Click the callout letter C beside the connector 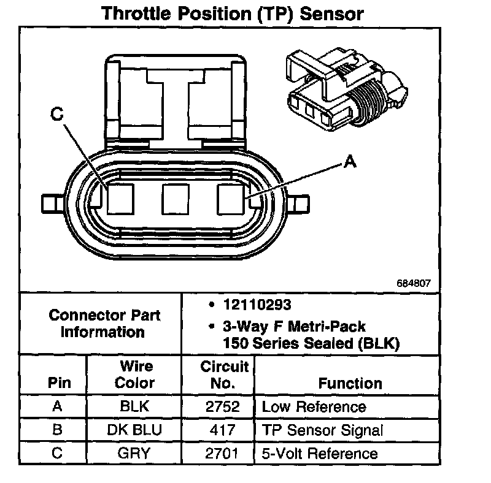[56, 115]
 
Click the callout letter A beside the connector [349, 162]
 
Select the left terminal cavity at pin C [120, 199]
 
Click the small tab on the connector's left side [51, 202]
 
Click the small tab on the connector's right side [301, 202]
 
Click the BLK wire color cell [135, 407]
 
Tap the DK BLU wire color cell [135, 430]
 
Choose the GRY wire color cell [135, 454]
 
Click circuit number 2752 [218, 407]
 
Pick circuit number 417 [218, 430]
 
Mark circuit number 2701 [218, 454]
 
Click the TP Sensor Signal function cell [322, 430]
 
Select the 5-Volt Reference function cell [320, 454]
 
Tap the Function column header [350, 384]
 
